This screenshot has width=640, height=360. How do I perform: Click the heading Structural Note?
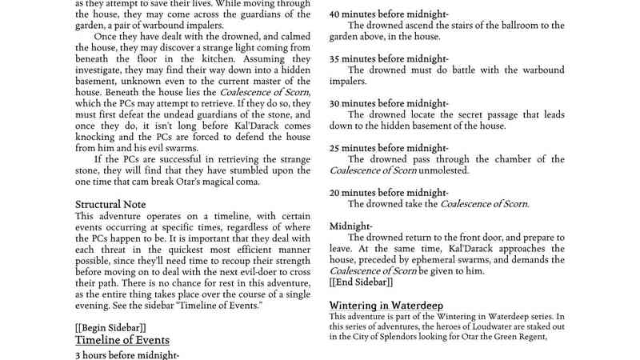click(x=110, y=205)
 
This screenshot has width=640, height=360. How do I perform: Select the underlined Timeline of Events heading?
click(x=115, y=339)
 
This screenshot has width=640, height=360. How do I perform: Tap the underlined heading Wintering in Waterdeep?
click(x=386, y=306)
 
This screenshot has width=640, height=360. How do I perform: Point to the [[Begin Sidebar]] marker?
click(x=110, y=328)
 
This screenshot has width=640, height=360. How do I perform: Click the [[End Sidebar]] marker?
click(x=362, y=282)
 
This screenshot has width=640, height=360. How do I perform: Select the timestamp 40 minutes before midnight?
click(x=389, y=14)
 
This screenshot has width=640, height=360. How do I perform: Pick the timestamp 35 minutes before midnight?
click(x=389, y=59)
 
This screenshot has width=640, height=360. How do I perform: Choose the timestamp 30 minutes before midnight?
click(x=389, y=104)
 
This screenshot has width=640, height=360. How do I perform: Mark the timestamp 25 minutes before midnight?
click(x=389, y=149)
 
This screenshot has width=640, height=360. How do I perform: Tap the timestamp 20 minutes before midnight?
click(x=389, y=194)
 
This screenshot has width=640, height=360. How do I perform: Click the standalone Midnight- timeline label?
click(x=350, y=226)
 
